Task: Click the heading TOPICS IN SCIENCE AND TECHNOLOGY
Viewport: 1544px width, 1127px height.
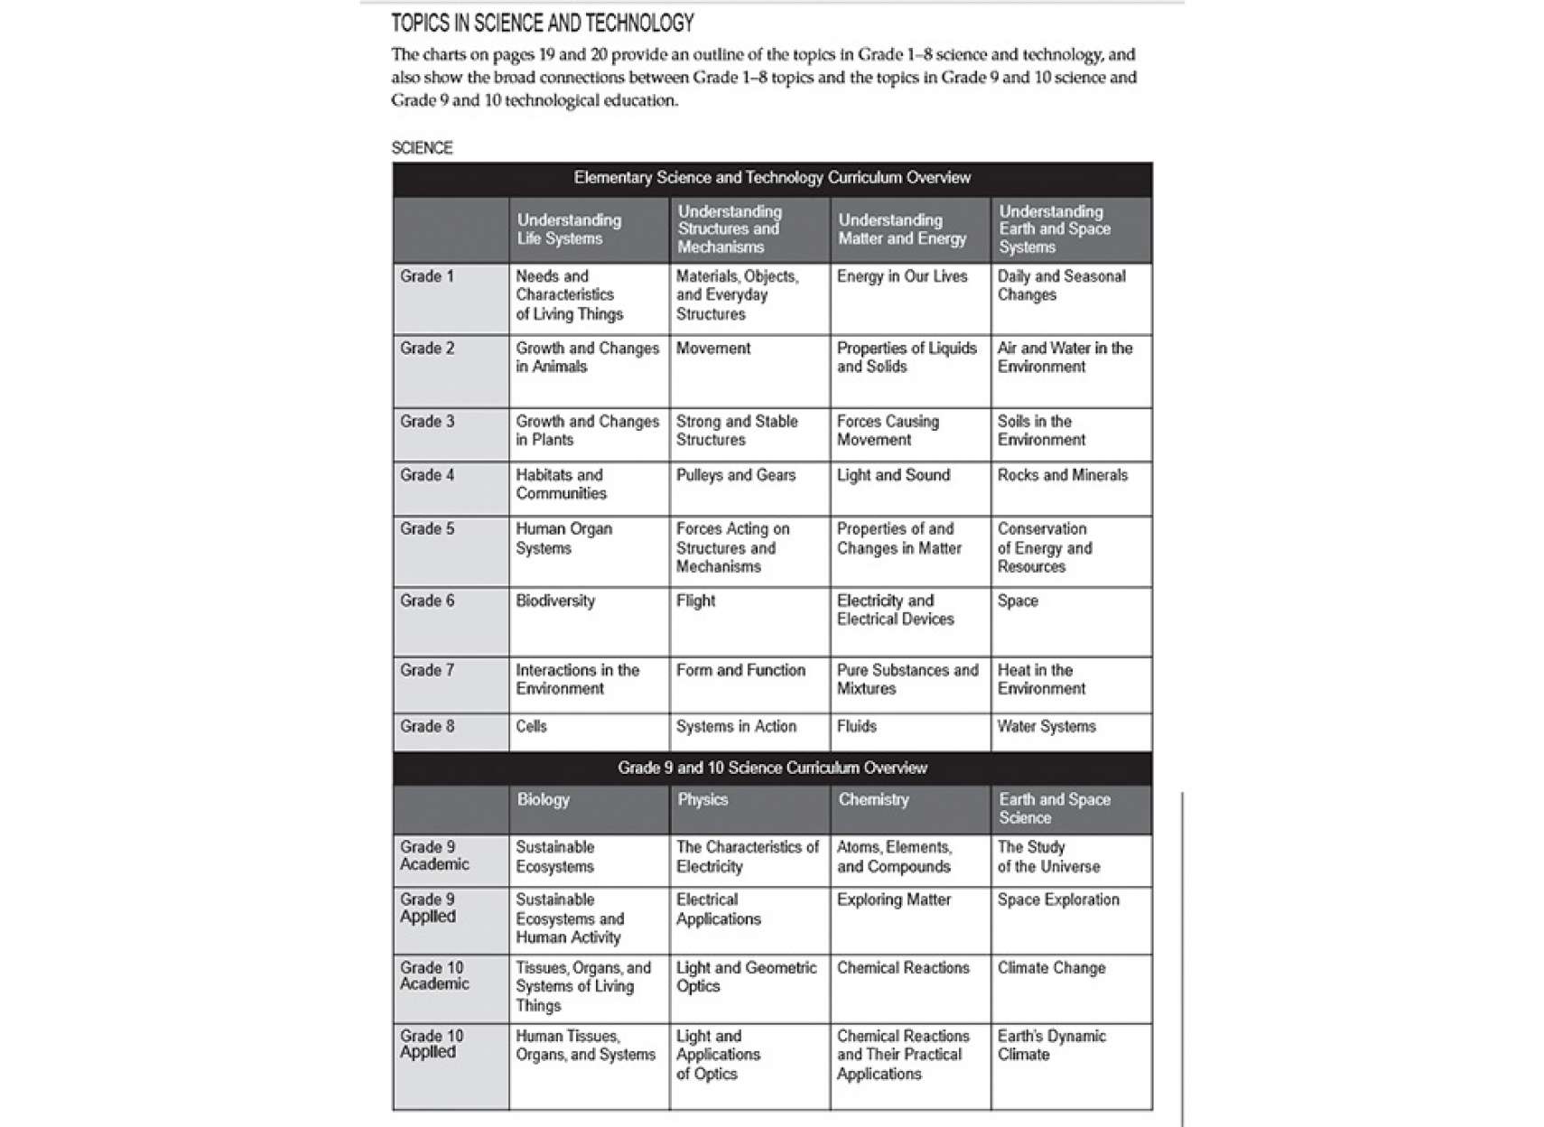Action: pyautogui.click(x=542, y=23)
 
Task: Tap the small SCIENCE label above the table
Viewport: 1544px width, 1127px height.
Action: pyautogui.click(x=422, y=147)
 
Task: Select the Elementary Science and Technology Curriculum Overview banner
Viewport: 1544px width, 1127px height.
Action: pyautogui.click(x=772, y=178)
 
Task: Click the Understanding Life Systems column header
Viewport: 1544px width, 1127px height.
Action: pyautogui.click(x=569, y=229)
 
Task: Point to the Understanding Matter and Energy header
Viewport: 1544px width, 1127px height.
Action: pyautogui.click(x=902, y=229)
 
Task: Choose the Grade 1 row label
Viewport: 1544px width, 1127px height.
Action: pyautogui.click(x=427, y=276)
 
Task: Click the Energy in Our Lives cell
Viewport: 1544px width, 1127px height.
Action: pyautogui.click(x=901, y=276)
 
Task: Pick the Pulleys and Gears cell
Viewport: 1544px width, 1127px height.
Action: pyautogui.click(x=736, y=475)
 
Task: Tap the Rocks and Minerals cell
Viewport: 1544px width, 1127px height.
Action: pyautogui.click(x=1062, y=475)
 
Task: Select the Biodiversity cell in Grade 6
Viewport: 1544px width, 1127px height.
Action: pyautogui.click(x=555, y=601)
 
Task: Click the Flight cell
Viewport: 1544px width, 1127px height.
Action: pyautogui.click(x=695, y=601)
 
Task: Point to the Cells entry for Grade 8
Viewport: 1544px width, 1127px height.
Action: pyautogui.click(x=531, y=726)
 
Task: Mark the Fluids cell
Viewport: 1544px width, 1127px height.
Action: pyautogui.click(x=856, y=726)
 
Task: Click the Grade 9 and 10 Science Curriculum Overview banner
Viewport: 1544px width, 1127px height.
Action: pyautogui.click(x=772, y=768)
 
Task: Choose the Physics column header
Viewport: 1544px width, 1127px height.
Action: pyautogui.click(x=702, y=799)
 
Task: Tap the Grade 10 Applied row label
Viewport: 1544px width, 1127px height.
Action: pyautogui.click(x=432, y=1044)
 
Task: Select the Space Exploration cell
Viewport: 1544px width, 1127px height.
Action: pyautogui.click(x=1057, y=899)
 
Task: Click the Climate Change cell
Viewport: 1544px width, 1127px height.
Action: pyautogui.click(x=1051, y=968)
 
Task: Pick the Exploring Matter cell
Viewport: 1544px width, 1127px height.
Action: pyautogui.click(x=893, y=899)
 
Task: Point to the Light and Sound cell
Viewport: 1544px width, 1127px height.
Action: pyautogui.click(x=893, y=475)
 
